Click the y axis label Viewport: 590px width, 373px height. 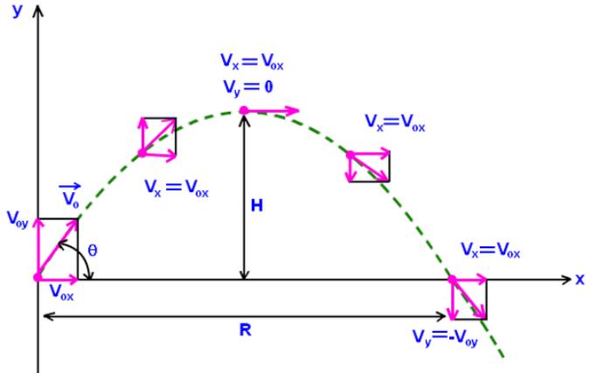coord(17,11)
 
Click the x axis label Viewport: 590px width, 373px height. coord(580,280)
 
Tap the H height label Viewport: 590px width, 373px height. coord(257,205)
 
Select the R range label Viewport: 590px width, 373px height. coord(246,330)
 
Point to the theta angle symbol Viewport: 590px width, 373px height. coord(92,250)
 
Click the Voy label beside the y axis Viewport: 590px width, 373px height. coord(17,219)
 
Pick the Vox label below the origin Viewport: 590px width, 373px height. coord(62,292)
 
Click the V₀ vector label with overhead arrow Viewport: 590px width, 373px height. coord(71,196)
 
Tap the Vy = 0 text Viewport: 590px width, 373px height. coord(248,88)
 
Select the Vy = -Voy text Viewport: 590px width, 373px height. coord(445,338)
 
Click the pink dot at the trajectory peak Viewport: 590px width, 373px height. coord(244,110)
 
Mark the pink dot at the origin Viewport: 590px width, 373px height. coord(38,278)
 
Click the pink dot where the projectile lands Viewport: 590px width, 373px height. coord(452,280)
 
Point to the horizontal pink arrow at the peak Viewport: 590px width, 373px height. coord(272,111)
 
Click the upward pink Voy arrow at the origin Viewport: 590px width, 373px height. coord(38,248)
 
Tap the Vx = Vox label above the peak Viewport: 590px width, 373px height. coord(252,61)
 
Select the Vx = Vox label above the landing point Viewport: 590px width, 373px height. coord(490,250)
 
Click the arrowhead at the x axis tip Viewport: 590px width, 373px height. coord(567,280)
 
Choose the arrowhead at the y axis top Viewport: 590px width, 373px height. coord(38,10)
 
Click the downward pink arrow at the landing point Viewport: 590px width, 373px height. coord(452,300)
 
